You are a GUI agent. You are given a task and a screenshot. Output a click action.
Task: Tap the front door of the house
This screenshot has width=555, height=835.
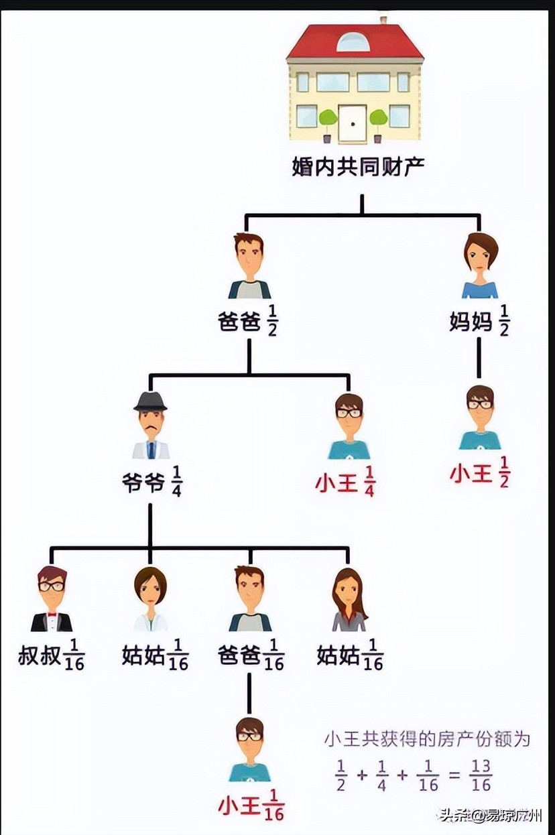351,124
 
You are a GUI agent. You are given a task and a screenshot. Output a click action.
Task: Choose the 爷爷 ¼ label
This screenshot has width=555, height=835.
150,482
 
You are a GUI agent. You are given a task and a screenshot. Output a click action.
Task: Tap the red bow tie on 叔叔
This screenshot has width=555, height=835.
52,614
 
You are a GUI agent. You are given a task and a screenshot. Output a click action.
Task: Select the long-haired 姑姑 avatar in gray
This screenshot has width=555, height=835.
349,600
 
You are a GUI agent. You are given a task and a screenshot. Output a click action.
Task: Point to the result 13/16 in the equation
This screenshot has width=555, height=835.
481,776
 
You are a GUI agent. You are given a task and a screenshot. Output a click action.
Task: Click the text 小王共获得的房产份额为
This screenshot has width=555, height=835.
427,739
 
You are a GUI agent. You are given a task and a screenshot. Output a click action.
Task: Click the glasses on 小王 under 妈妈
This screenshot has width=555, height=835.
480,404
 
